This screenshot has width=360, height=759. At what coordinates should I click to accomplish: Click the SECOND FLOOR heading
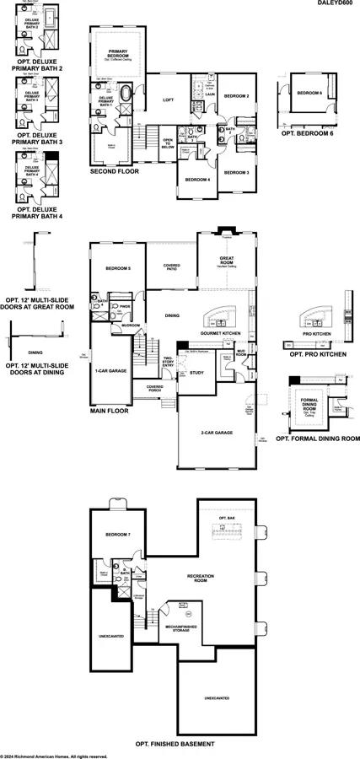coord(115,170)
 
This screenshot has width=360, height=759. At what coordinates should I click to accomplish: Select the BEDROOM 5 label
coord(117,268)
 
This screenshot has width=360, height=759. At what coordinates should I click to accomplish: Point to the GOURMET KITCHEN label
coord(221,333)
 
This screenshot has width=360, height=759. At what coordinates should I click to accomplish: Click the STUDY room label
coord(197,372)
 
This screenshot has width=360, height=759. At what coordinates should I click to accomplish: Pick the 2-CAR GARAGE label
coord(217,433)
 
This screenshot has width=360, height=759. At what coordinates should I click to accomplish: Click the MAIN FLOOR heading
coord(110,413)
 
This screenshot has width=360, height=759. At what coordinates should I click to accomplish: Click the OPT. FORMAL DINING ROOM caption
coord(319,439)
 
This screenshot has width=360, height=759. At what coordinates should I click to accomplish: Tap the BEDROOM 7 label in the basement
coord(118,535)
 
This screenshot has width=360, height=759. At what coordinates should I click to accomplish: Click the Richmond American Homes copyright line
coord(54,756)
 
